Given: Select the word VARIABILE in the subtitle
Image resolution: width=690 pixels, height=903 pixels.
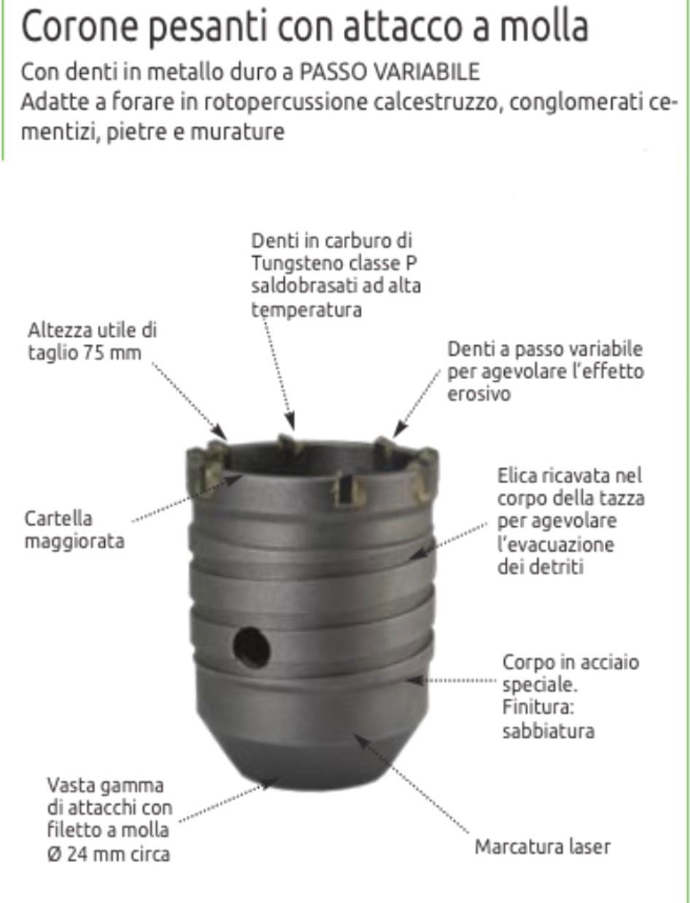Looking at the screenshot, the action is (x=428, y=72).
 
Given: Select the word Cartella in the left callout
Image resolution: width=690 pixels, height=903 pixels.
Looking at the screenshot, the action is (x=58, y=518).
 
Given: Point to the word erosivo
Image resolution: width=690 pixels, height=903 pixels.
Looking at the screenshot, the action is (x=479, y=394).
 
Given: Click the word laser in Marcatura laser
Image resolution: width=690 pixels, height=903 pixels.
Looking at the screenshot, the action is (x=589, y=847).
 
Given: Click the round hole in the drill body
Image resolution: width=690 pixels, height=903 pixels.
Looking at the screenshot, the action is (x=251, y=647).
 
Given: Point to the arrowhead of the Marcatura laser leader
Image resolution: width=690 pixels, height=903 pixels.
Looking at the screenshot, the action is (x=359, y=739).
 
